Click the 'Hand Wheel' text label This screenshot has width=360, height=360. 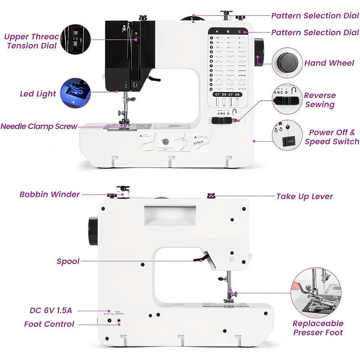pyautogui.click(x=329, y=63)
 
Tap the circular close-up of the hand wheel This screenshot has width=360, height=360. pyautogui.click(x=287, y=63)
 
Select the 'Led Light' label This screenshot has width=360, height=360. pyautogui.click(x=38, y=94)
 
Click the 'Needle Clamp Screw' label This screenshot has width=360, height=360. pyautogui.click(x=39, y=126)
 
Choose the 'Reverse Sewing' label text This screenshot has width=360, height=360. pyautogui.click(x=320, y=100)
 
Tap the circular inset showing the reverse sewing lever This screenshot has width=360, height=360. pyautogui.click(x=287, y=99)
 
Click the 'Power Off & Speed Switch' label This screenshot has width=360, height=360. pyautogui.click(x=332, y=137)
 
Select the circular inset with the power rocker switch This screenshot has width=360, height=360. pyautogui.click(x=287, y=135)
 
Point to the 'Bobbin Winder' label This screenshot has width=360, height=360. pyautogui.click(x=50, y=194)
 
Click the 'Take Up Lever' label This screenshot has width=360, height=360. pyautogui.click(x=304, y=196)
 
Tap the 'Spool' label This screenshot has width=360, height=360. pyautogui.click(x=68, y=262)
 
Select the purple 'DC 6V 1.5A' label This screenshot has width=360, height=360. pyautogui.click(x=50, y=310)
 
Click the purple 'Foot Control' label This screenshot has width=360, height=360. pyautogui.click(x=49, y=324)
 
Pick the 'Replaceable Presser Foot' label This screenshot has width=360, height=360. pyautogui.click(x=318, y=328)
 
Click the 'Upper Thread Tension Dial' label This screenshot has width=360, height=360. pyautogui.click(x=31, y=41)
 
